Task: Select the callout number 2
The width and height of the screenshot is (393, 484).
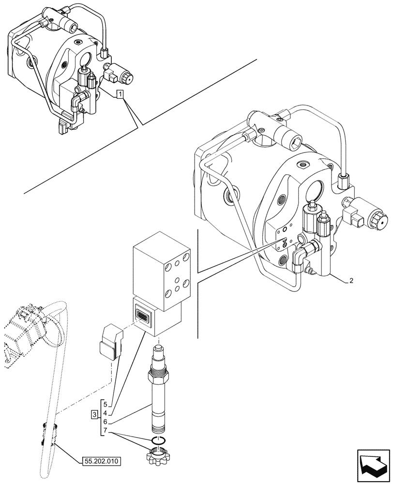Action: click(351, 280)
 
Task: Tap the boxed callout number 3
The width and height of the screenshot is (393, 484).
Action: click(94, 414)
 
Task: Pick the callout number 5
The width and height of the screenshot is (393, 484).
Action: click(105, 404)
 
